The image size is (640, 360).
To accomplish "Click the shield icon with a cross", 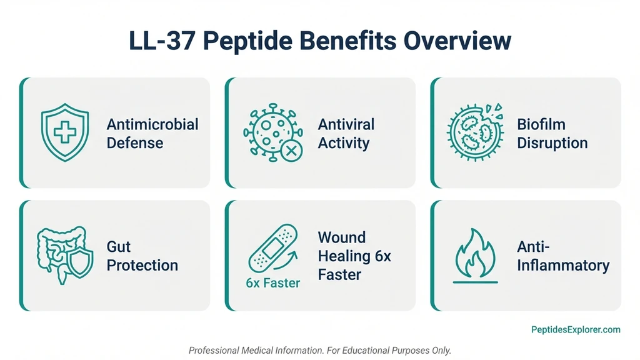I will (65, 132).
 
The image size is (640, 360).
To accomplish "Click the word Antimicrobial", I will (152, 124).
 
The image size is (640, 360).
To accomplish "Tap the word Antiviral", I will (346, 124).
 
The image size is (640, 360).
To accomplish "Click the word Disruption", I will (552, 143).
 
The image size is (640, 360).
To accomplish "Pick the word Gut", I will (119, 246).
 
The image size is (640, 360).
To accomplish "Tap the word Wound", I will (342, 237).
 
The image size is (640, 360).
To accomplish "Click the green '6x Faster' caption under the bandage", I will (273, 283).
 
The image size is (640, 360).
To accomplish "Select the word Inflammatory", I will (563, 265).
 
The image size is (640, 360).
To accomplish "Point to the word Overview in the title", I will (457, 41).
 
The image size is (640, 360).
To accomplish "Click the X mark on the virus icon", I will (290, 150).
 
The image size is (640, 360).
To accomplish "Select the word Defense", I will (135, 143).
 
